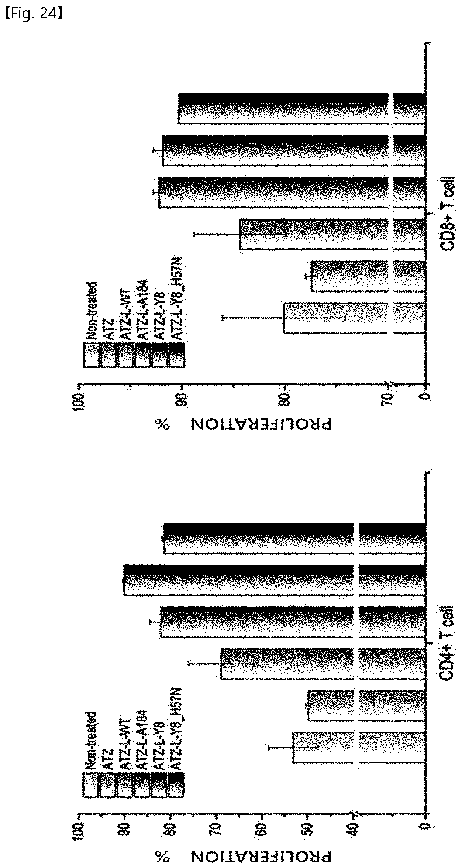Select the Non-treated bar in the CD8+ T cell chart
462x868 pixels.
coord(355,318)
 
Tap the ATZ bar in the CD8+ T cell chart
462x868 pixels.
coord(369,276)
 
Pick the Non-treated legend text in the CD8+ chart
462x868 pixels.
coord(91,310)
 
